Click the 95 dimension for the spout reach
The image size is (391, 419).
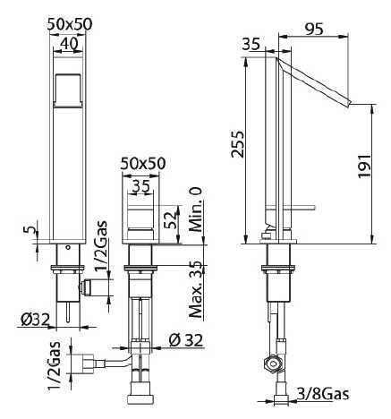[x=314, y=30]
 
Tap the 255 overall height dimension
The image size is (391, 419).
[x=238, y=144]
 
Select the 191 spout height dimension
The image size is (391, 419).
[x=364, y=166]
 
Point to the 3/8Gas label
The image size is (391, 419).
[x=323, y=394]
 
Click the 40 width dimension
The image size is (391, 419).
[x=69, y=44]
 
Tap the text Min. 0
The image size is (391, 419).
[x=196, y=209]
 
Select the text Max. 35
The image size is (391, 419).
[x=196, y=289]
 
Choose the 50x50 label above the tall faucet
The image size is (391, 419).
[x=70, y=24]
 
